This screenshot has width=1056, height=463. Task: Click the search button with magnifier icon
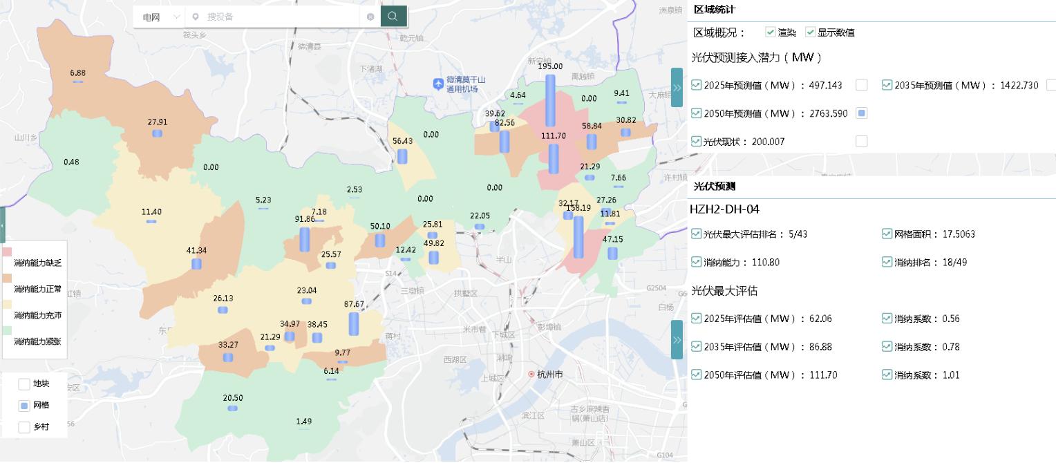393,17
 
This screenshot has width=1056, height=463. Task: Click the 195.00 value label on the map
550,66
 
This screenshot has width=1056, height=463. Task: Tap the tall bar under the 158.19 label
578,237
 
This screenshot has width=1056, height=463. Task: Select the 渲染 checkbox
770,32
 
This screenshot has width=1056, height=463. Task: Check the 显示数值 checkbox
810,32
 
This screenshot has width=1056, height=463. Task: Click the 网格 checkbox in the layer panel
24,406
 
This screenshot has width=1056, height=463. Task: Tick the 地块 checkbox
24,384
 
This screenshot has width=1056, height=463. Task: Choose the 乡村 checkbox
24,427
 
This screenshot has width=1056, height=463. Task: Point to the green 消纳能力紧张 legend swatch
8,330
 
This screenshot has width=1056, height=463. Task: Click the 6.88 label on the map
78,73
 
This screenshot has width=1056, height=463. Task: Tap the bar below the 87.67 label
354,323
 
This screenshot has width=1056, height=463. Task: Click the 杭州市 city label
549,375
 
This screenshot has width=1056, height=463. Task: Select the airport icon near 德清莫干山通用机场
437,84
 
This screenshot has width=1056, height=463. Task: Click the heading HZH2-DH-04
724,209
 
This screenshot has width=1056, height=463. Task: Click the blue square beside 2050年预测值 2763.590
861,113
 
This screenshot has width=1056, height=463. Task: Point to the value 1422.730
1019,86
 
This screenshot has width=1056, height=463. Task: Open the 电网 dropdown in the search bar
160,17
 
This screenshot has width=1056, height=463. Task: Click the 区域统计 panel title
714,10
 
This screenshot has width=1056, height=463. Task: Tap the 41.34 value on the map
196,250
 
